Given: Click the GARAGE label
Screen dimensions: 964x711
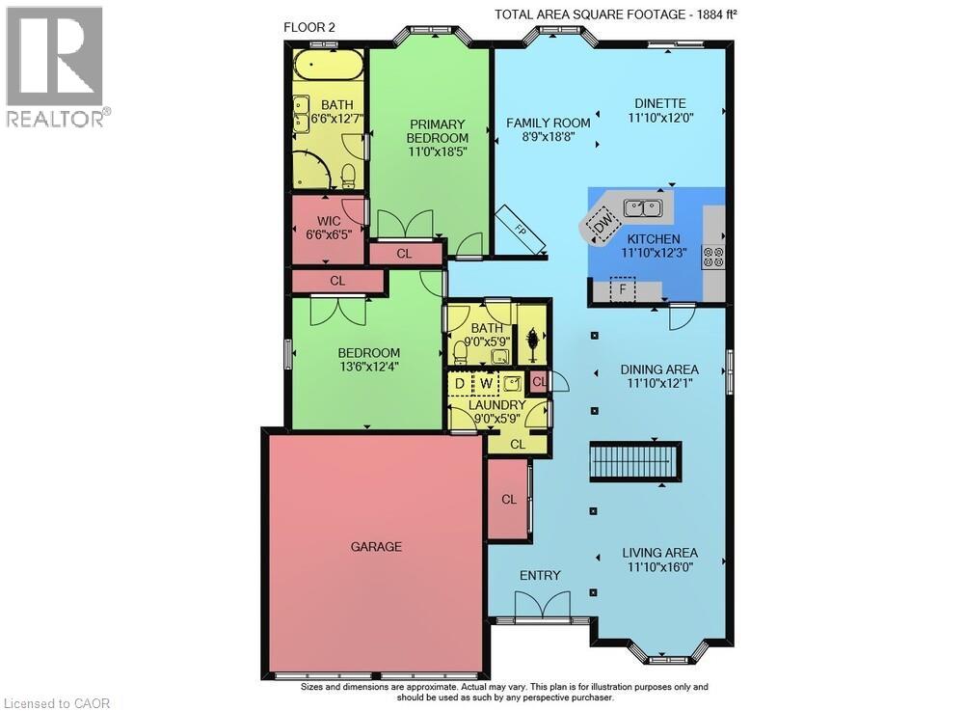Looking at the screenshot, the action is point(376,546).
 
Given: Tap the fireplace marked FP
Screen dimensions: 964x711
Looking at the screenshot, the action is point(521,230).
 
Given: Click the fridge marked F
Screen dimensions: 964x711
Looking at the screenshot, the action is point(622,289).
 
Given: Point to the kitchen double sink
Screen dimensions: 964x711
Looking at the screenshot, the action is point(642,208).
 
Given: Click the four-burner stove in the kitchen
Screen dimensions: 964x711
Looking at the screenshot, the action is point(713,257).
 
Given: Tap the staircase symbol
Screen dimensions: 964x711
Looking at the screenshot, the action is point(635,461).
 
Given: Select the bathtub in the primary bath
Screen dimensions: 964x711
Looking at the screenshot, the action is point(328,65).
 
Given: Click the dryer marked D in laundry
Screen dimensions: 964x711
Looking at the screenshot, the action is point(459,383).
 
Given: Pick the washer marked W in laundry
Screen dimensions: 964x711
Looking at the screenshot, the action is point(486,383).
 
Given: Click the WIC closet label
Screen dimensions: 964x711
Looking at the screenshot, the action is point(329,221).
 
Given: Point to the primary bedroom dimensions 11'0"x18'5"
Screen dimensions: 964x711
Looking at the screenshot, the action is point(438,150).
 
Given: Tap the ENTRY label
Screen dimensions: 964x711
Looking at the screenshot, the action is point(540,575).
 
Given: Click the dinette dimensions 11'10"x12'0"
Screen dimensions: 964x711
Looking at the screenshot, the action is point(660,117).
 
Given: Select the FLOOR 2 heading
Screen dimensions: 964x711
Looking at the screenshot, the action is point(309,27).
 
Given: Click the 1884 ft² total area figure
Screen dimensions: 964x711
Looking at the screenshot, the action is point(717,14).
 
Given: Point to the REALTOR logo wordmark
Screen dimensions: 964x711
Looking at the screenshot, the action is point(59,118).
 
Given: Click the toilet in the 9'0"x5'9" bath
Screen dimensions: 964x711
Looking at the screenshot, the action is point(459,352).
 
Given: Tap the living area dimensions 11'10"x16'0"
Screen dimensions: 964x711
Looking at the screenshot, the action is point(660,566).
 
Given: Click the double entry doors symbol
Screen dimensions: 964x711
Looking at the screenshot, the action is point(542,604).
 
